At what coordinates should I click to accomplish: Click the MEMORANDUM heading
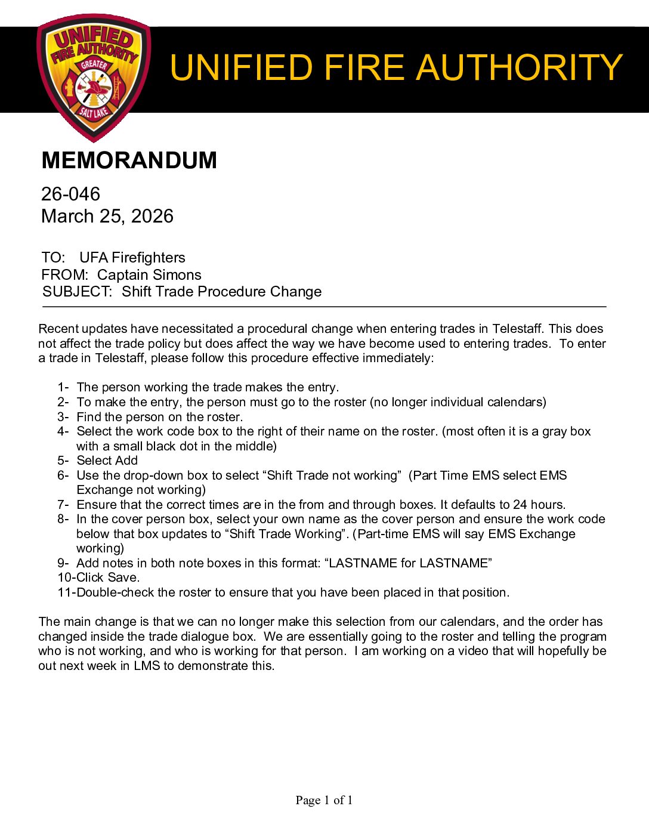coord(129,160)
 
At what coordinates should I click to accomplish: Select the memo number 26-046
coord(70,194)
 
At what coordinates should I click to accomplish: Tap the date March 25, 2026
coord(107,216)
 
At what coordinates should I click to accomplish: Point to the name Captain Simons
coord(149,275)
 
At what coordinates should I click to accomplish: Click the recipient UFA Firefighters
coord(132,258)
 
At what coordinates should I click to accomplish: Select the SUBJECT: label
coord(77,292)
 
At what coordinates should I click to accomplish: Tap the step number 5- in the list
coord(63,461)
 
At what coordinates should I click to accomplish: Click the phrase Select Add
coord(107,461)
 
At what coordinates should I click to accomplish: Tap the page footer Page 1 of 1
coord(324,801)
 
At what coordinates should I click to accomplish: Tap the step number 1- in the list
coord(63,387)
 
